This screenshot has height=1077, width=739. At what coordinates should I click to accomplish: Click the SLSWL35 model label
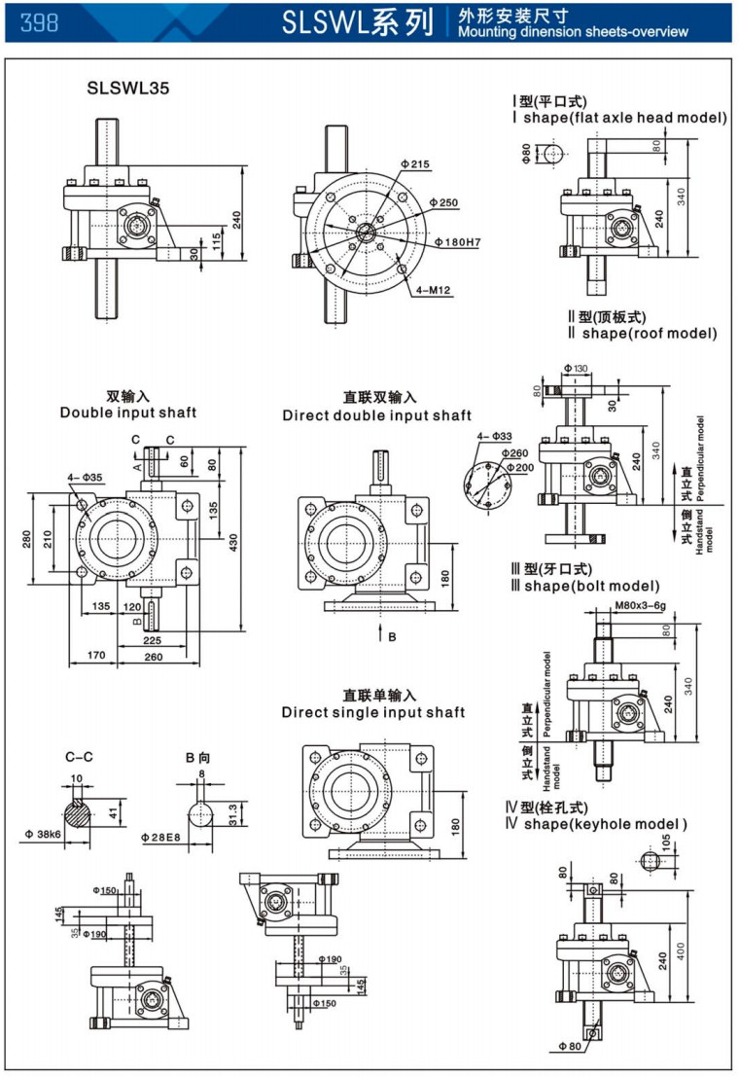point(127,88)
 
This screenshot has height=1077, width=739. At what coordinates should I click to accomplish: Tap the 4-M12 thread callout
point(433,289)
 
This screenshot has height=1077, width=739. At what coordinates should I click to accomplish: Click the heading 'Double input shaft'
point(128,413)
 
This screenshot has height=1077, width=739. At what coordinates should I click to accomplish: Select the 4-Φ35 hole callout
point(86,478)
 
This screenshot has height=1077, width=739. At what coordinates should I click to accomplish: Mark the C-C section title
point(80,755)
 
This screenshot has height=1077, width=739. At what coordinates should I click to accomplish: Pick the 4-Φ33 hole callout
point(495,437)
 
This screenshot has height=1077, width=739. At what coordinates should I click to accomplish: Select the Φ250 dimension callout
point(447,202)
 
